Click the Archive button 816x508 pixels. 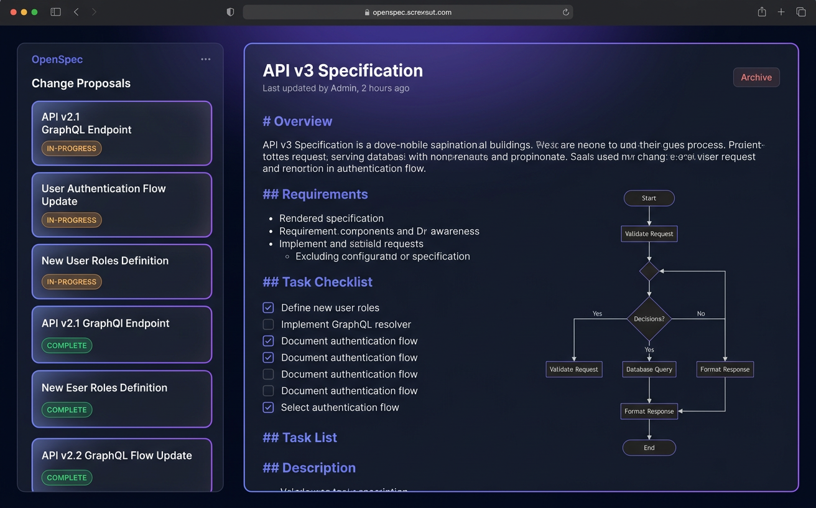point(756,77)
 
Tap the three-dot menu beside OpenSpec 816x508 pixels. point(206,59)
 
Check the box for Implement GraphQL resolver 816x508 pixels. point(268,324)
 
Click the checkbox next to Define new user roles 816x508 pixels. point(268,308)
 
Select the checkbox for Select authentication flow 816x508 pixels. point(268,407)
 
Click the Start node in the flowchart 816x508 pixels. point(649,198)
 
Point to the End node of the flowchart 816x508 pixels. point(649,448)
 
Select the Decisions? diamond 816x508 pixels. point(649,319)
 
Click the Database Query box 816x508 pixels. point(649,369)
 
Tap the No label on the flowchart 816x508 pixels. point(701,314)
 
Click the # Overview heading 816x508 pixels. point(297,121)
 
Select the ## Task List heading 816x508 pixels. point(300,438)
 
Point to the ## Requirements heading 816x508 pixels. point(315,194)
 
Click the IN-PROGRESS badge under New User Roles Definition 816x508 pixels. point(72,282)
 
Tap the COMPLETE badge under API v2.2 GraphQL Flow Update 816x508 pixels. point(67,477)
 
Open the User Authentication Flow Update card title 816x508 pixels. point(103,195)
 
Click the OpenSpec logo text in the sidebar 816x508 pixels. point(57,60)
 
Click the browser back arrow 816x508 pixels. point(76,12)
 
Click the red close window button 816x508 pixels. point(14,12)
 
